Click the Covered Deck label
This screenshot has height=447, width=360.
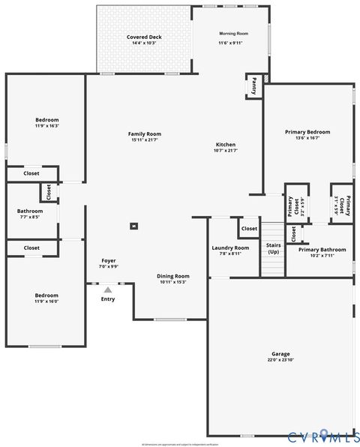click(144, 37)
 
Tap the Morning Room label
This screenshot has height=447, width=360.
click(232, 34)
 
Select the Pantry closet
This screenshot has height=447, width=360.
click(254, 85)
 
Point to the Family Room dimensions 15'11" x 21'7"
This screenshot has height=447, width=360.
click(145, 140)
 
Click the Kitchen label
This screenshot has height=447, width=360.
click(226, 144)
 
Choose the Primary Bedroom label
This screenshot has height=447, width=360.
click(307, 132)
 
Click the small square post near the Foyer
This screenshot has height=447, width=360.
click(134, 226)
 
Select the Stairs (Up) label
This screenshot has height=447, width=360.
click(273, 248)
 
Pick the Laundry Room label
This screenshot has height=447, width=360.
click(230, 247)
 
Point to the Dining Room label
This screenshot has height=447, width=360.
click(172, 276)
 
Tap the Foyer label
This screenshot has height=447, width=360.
click(109, 261)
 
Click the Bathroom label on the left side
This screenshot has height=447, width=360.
click(30, 211)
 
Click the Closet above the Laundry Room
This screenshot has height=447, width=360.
click(248, 227)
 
